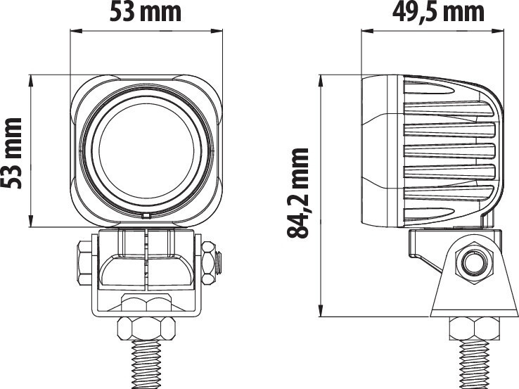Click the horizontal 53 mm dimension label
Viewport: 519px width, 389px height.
146,13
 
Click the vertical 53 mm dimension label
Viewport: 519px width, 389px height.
11,153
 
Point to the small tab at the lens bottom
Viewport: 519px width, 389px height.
146,217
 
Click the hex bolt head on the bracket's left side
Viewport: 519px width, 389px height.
84,264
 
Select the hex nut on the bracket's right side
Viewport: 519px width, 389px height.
209,263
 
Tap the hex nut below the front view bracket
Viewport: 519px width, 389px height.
146,329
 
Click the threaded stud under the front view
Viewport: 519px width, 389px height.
146,364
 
